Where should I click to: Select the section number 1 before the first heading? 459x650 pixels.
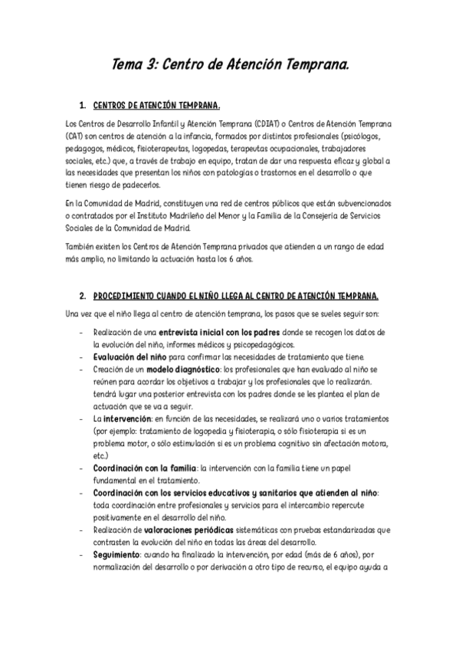82,104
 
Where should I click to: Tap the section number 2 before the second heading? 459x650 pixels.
82,296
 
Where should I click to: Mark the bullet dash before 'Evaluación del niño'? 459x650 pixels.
82,357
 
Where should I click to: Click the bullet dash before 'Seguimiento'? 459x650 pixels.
82,555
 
